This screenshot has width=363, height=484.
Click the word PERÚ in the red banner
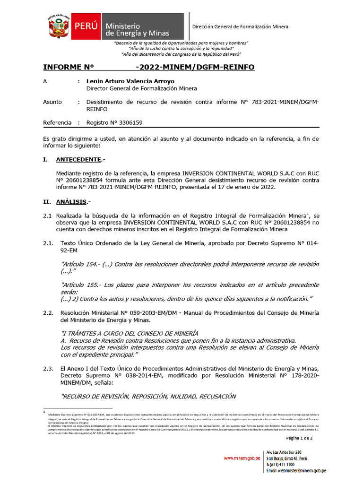pyautogui.click(x=86, y=26)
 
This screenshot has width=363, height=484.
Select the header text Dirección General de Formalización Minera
pyautogui.click(x=240, y=27)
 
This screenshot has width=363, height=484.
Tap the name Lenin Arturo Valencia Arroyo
pyautogui.click(x=130, y=81)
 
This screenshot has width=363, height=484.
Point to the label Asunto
pyautogui.click(x=52, y=102)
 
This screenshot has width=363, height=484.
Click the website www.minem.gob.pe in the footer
pyautogui.click(x=242, y=458)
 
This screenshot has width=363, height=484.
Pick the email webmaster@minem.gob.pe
pyautogui.click(x=296, y=471)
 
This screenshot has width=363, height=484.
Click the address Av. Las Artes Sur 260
pyautogui.click(x=284, y=452)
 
